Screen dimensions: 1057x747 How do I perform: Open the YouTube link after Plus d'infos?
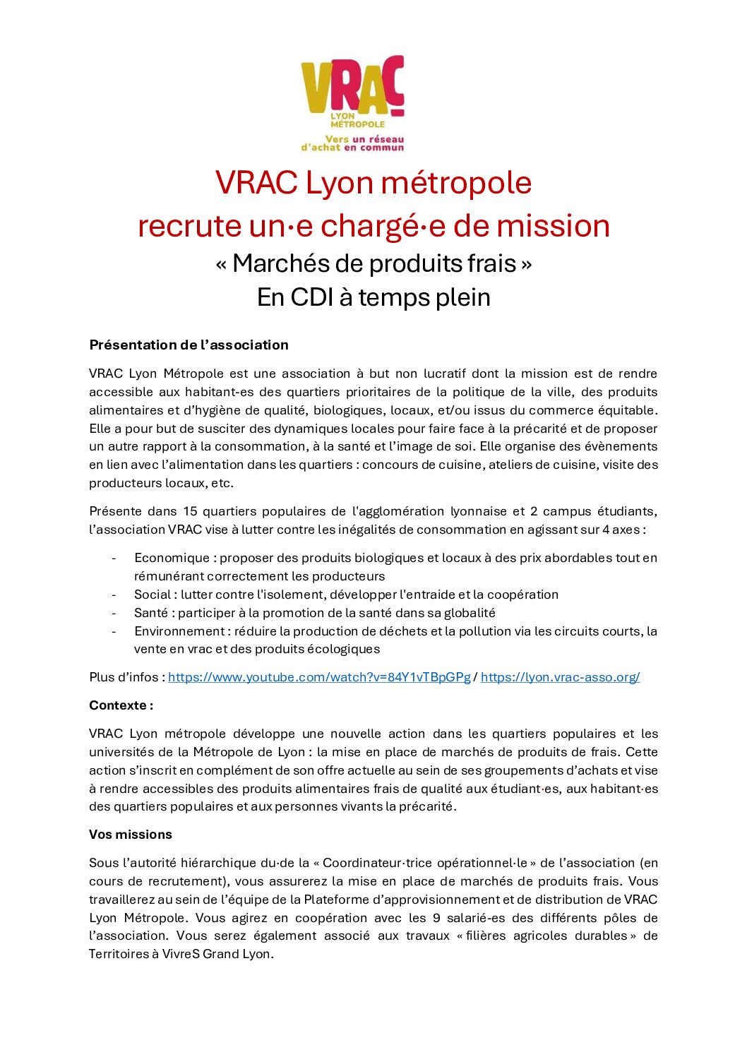[318, 677]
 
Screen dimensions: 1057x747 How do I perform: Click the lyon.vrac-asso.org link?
[560, 677]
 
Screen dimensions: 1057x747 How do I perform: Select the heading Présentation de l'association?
[189, 345]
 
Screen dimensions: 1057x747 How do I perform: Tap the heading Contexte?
[121, 705]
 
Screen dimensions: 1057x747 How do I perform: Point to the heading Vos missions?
[131, 835]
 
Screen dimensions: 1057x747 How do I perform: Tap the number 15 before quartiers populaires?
[190, 511]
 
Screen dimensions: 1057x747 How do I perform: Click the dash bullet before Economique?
[114, 558]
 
